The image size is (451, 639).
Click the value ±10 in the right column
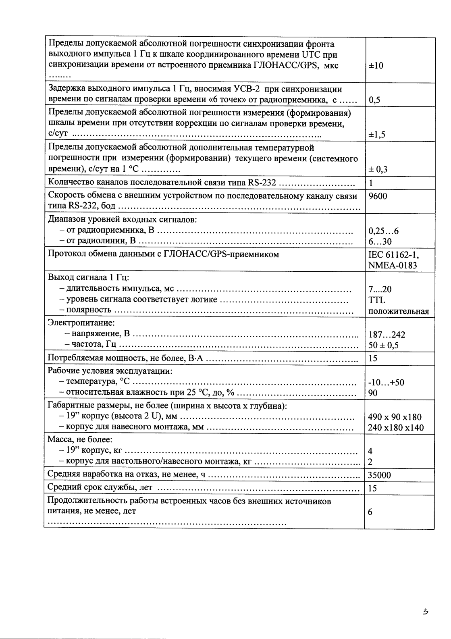click(376, 66)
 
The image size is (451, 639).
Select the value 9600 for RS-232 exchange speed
click(378, 196)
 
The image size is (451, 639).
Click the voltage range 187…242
click(387, 335)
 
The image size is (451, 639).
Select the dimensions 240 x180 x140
click(395, 428)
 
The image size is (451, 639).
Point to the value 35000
click(379, 475)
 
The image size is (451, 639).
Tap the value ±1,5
click(377, 135)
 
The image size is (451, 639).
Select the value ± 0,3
click(378, 169)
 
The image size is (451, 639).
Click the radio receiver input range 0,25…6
click(383, 231)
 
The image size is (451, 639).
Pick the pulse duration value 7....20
click(380, 289)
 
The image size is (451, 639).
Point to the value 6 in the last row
click(370, 512)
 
